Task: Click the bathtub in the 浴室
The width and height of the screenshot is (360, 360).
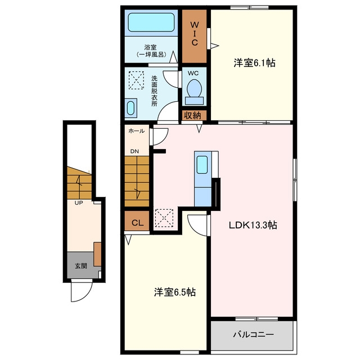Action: click(151, 22)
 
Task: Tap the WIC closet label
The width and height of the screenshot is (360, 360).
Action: click(194, 34)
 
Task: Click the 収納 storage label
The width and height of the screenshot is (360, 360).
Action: click(192, 115)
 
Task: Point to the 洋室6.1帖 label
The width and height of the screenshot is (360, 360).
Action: click(254, 62)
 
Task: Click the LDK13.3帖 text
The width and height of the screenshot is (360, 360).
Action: click(253, 225)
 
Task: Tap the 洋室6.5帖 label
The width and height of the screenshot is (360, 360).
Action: click(175, 292)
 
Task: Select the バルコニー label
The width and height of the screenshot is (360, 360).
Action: click(254, 334)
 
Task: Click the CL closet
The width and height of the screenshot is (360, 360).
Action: click(137, 223)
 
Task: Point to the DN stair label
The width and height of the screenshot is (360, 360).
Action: click(134, 151)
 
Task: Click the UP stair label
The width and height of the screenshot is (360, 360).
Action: click(79, 203)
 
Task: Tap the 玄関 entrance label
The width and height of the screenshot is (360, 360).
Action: click(81, 266)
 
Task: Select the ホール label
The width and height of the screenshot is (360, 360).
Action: click(136, 131)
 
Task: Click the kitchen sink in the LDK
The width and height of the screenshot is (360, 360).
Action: click(202, 165)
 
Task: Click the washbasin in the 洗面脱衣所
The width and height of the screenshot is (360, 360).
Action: click(130, 108)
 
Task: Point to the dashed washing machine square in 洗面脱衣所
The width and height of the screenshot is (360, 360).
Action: click(136, 80)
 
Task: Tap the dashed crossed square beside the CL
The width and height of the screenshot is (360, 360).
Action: click(164, 218)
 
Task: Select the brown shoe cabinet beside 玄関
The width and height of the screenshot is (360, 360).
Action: click(97, 254)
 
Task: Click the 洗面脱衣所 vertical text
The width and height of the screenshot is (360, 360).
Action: click(154, 91)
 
